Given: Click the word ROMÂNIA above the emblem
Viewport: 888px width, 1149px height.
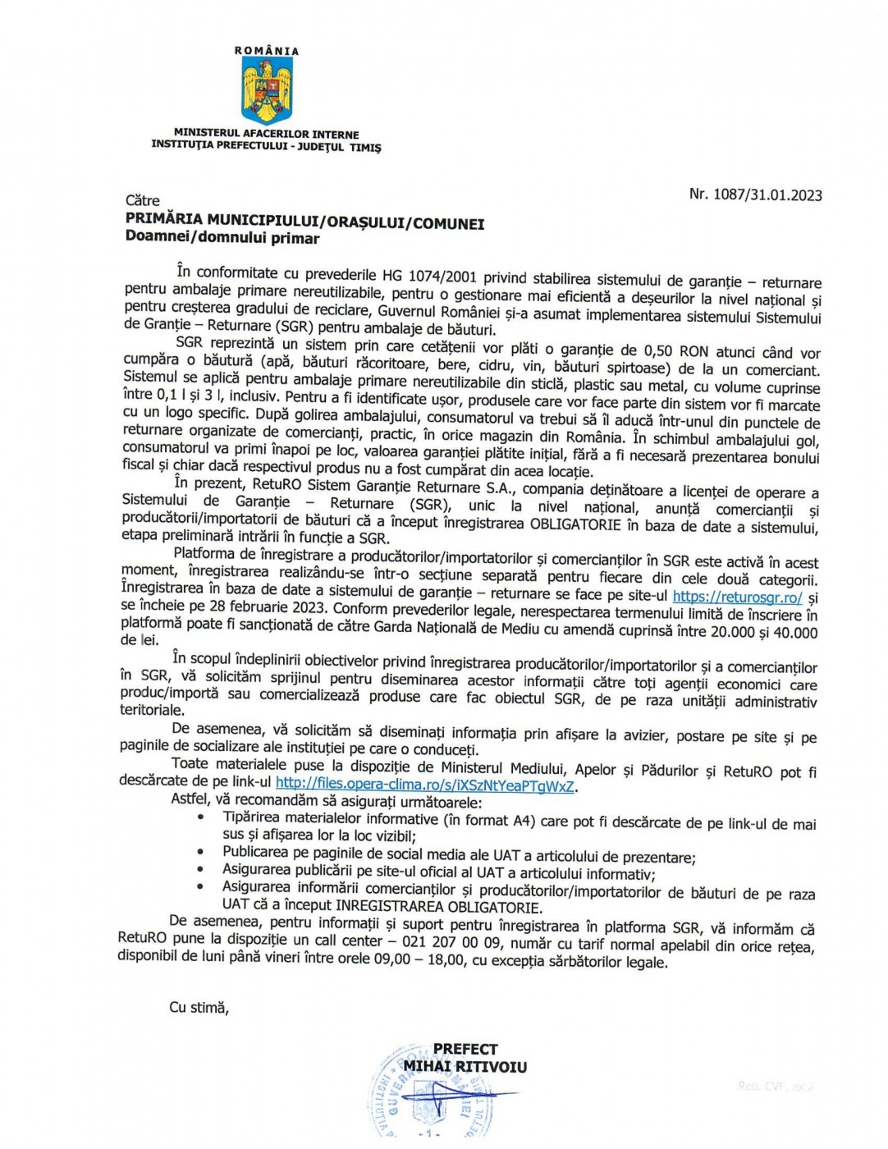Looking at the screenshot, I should point(267,51).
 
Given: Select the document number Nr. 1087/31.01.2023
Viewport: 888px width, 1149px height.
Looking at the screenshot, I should point(755,195).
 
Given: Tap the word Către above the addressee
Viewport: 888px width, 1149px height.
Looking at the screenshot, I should point(143,200).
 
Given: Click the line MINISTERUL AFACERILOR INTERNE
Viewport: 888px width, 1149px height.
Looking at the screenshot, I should point(266,134).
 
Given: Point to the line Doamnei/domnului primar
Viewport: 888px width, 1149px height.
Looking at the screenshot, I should point(222,238).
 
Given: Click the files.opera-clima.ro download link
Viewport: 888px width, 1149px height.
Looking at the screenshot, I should point(425,785).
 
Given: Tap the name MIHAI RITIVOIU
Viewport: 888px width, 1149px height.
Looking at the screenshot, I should point(465,1067).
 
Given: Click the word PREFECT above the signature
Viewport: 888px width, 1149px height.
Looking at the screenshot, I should point(465,1049).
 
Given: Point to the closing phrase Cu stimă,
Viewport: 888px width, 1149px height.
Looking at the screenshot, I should point(199,1007).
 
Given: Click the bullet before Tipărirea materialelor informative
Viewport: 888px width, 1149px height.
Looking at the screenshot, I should point(203,818).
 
